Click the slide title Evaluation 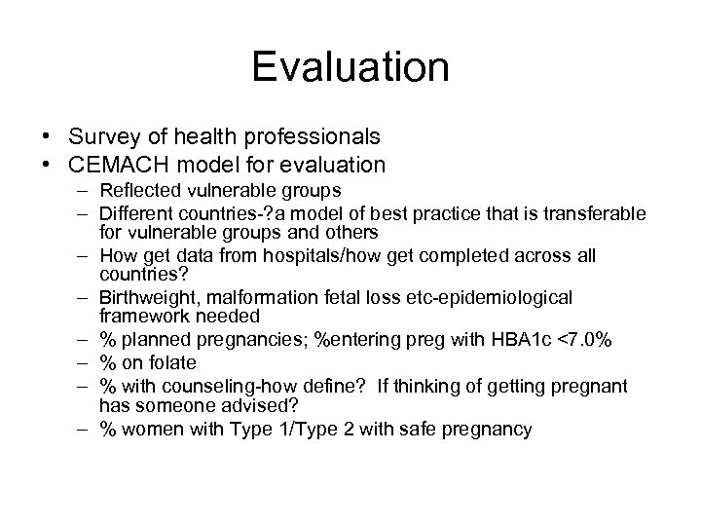click(350, 68)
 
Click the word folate click(175, 362)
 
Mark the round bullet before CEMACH click(86, 165)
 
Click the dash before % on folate click(86, 362)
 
